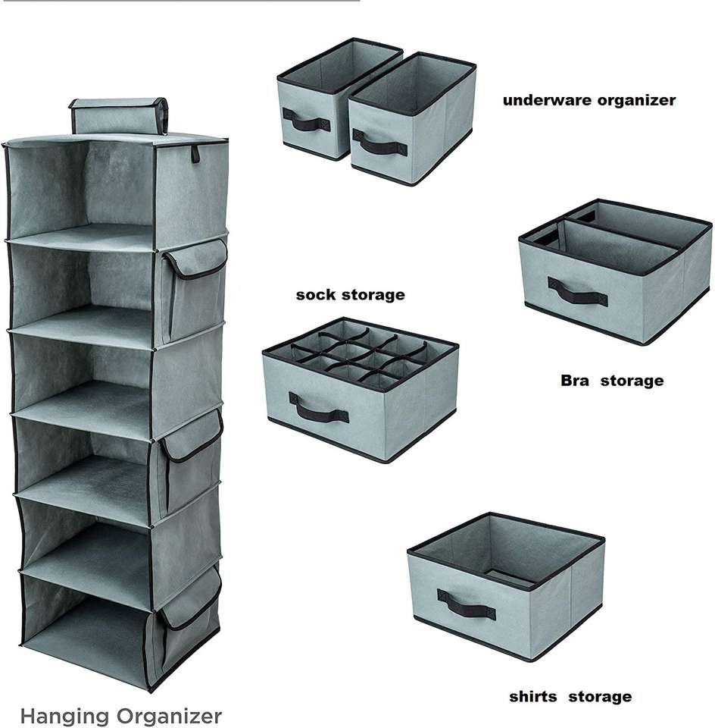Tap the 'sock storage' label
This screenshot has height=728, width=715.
(x=350, y=295)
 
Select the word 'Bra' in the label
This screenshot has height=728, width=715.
(x=574, y=381)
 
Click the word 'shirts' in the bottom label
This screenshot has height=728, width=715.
(x=534, y=697)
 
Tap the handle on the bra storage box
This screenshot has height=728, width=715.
(x=577, y=291)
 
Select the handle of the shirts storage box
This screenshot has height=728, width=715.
(x=466, y=604)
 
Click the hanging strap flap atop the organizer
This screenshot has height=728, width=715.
(x=118, y=116)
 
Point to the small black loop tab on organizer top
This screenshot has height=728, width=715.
(x=195, y=153)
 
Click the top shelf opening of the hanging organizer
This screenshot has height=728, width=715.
(x=83, y=186)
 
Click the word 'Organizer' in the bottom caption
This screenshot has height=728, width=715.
(x=173, y=716)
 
